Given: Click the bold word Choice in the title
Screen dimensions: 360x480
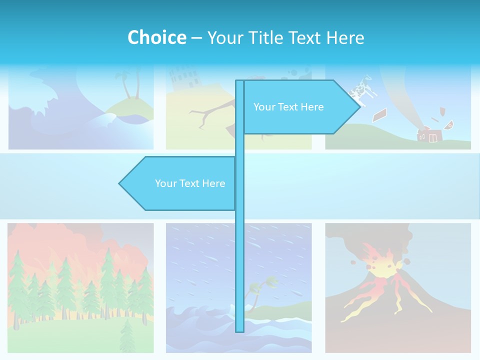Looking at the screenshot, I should click(x=156, y=37).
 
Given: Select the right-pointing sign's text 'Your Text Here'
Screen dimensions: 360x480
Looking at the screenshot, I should click(x=288, y=107).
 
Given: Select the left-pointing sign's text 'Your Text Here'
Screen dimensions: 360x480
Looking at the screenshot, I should click(x=190, y=183).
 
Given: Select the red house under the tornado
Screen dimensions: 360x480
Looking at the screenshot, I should click(x=429, y=135).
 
